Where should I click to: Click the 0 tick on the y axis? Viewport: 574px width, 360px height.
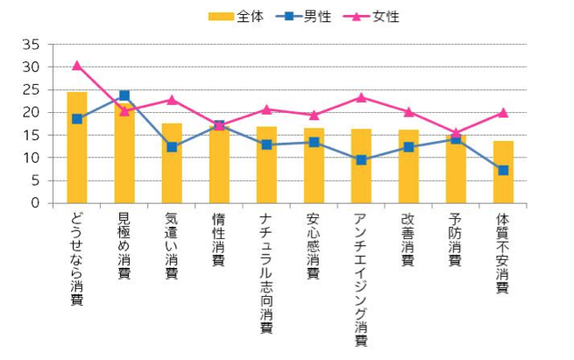(34, 203)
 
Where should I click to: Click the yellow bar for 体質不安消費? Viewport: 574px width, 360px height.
(503, 172)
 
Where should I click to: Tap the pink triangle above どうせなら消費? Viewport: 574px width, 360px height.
(77, 65)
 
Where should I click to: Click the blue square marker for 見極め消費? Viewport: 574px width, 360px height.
(124, 95)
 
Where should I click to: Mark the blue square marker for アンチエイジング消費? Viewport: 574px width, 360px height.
(361, 160)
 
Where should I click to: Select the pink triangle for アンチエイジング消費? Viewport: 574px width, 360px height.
(361, 97)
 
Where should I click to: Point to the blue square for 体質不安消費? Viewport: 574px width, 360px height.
(503, 170)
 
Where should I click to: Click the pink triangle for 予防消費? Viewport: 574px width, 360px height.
(456, 132)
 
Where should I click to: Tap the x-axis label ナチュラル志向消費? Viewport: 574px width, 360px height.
(266, 272)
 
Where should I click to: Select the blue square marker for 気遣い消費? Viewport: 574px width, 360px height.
(172, 147)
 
